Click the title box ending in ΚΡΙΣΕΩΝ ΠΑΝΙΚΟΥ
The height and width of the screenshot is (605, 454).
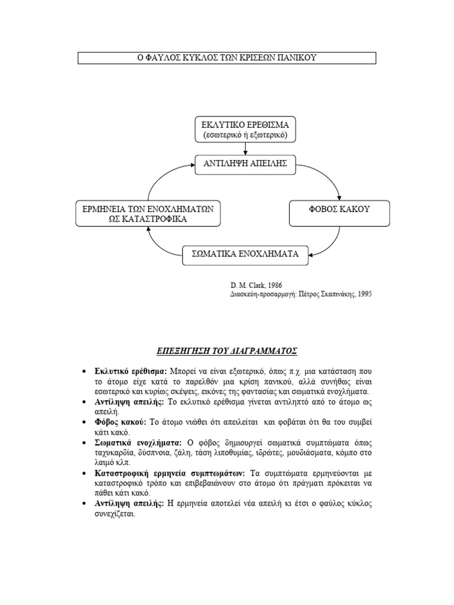[227, 58]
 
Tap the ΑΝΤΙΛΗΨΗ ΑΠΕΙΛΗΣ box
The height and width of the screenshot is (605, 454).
[245, 164]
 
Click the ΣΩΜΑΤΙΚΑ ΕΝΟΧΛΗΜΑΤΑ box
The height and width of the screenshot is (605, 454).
[245, 254]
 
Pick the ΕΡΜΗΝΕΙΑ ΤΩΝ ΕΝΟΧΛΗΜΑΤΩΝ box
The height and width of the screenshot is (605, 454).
[148, 213]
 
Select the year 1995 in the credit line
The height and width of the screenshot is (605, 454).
[365, 293]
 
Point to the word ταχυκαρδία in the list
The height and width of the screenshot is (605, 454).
[115, 453]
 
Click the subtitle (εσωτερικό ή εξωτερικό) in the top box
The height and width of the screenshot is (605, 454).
[245, 135]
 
